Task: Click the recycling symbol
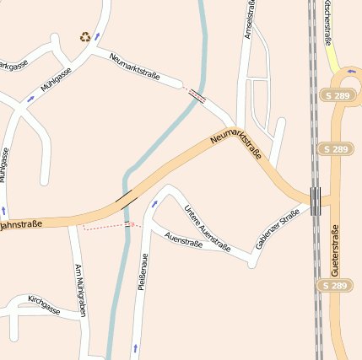point(85,36)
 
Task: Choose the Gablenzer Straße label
point(278,228)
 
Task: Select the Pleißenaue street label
point(143,271)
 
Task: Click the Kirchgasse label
point(44,304)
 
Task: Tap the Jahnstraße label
point(21,225)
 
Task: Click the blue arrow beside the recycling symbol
point(97,36)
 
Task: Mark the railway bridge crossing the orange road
point(316,201)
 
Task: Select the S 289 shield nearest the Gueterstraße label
point(335,286)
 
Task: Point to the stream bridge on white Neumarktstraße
point(197,94)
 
